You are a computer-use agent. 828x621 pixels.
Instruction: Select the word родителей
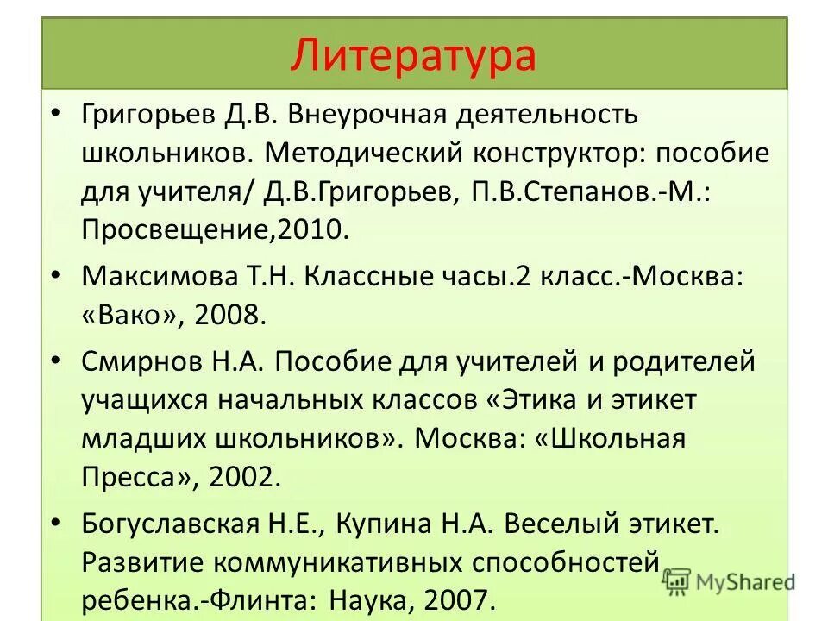pyautogui.click(x=683, y=361)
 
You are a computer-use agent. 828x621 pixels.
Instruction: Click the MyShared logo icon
pyautogui.click(x=679, y=580)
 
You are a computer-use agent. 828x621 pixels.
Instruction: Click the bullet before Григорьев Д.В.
pyautogui.click(x=56, y=115)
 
